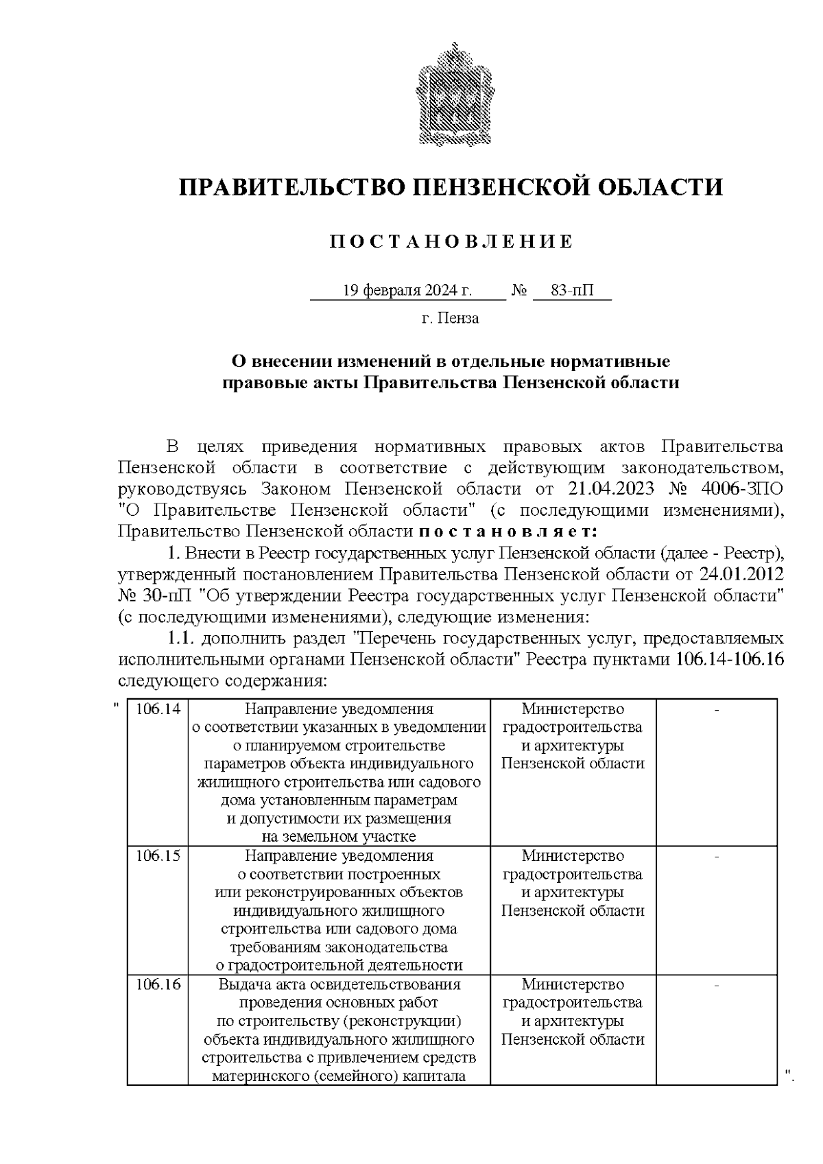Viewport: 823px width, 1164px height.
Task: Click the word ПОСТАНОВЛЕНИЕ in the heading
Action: pos(451,241)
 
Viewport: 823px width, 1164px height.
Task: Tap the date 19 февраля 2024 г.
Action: pos(407,291)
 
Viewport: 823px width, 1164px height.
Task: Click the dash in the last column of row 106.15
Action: pos(717,856)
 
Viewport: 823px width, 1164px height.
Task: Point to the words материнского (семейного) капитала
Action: pos(339,1076)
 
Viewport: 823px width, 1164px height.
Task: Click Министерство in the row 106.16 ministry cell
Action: pos(573,984)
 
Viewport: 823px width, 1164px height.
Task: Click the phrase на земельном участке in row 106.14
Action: pos(339,837)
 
